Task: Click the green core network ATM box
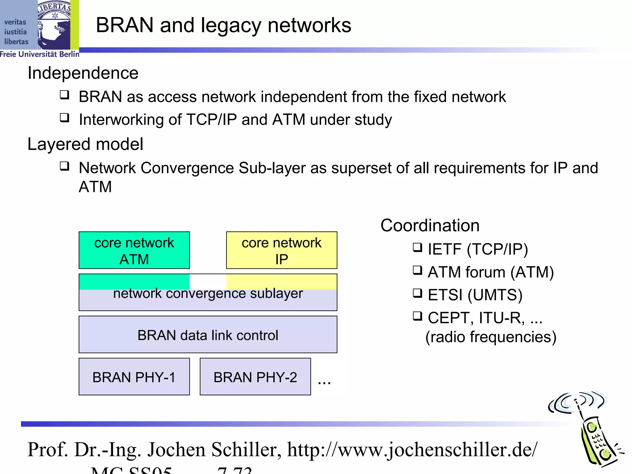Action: pyautogui.click(x=134, y=250)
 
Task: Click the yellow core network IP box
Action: pyautogui.click(x=281, y=250)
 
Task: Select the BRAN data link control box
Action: pyautogui.click(x=208, y=335)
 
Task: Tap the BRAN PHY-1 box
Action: pyautogui.click(x=134, y=377)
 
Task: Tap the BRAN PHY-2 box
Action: pyautogui.click(x=255, y=377)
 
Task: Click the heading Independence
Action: pyautogui.click(x=83, y=73)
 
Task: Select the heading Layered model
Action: pyautogui.click(x=85, y=144)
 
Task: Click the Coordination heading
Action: pyautogui.click(x=430, y=225)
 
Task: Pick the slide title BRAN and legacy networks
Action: pyautogui.click(x=223, y=25)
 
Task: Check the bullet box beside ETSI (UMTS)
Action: pyautogui.click(x=417, y=293)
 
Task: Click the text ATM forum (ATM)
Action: pyautogui.click(x=491, y=272)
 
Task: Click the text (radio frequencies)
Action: pyautogui.click(x=491, y=337)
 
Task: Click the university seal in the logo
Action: pyautogui.click(x=54, y=25)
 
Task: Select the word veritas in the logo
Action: pyautogui.click(x=15, y=22)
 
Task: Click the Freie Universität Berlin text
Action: pyautogui.click(x=39, y=54)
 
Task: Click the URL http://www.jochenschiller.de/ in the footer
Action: pyautogui.click(x=412, y=450)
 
